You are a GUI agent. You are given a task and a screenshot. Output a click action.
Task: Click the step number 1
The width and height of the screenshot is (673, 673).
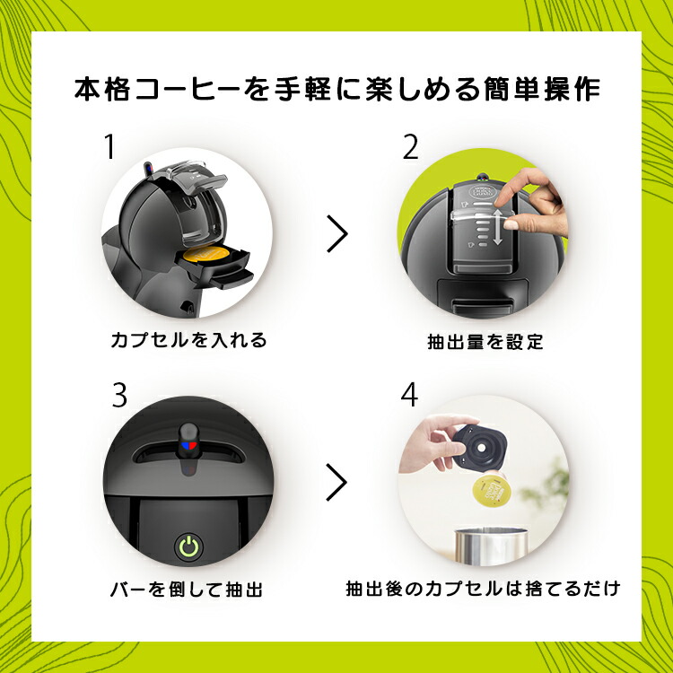tap(109, 147)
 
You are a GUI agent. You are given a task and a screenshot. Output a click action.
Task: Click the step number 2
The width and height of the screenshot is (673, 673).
tap(411, 147)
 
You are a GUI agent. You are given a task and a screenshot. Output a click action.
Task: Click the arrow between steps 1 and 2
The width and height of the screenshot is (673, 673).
tap(336, 233)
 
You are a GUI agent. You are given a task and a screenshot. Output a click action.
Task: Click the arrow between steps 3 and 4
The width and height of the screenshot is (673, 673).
tap(336, 482)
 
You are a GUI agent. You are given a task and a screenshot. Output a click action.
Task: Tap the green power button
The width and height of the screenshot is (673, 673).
tap(188, 545)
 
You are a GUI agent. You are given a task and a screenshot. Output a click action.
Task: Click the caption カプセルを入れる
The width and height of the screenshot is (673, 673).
tap(188, 340)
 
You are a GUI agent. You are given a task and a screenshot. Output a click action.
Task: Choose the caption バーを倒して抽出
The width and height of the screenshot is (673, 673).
tap(188, 590)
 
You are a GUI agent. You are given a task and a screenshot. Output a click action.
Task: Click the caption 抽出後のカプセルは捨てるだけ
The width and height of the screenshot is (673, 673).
tap(483, 590)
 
